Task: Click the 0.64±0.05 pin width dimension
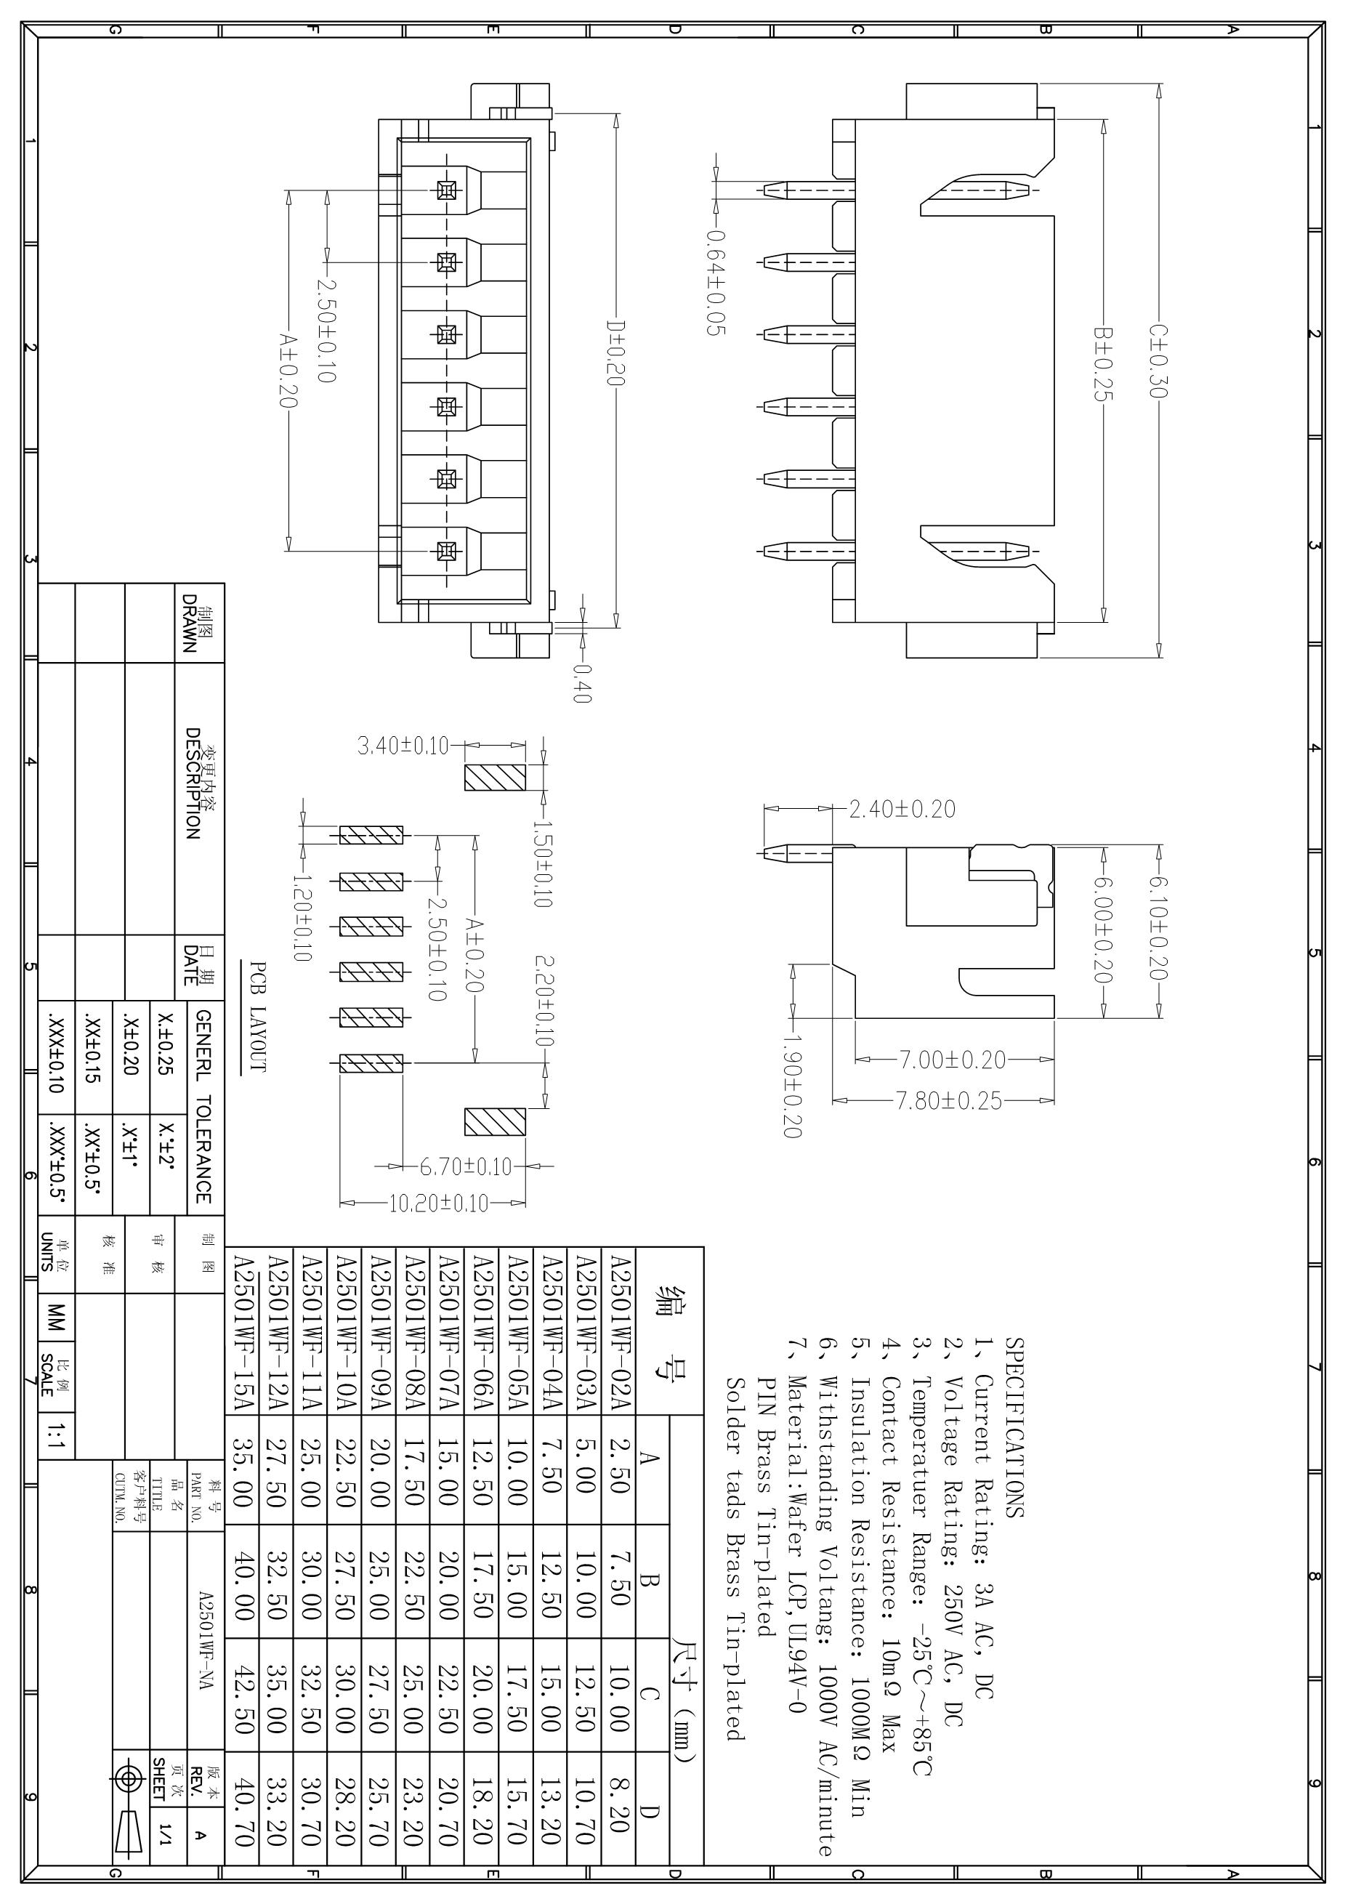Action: [x=716, y=282]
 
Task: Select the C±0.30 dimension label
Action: [x=1158, y=360]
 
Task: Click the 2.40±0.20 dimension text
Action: [x=902, y=809]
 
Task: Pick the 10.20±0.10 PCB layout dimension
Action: [x=440, y=1203]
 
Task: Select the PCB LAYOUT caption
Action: [x=259, y=1017]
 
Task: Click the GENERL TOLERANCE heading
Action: [x=204, y=1105]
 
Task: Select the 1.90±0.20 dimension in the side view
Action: [x=792, y=1086]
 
